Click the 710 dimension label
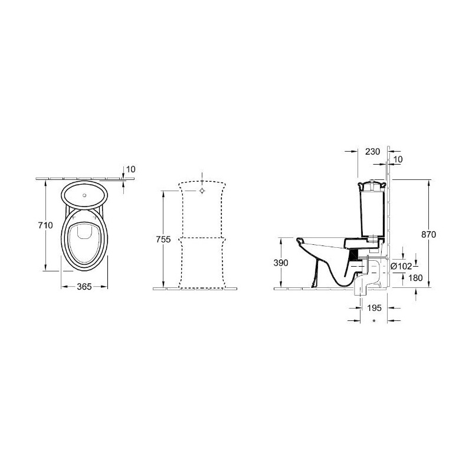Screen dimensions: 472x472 tap(46, 225)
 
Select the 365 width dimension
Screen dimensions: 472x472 tap(84, 287)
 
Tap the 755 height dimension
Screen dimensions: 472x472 tap(163, 240)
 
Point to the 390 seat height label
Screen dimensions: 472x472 tap(281, 263)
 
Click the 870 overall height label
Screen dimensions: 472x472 tap(428, 234)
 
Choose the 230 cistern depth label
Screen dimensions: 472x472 tap(373, 152)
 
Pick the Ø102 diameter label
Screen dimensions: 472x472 tap(401, 266)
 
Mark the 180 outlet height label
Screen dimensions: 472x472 tap(416, 278)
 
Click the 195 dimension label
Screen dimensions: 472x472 tap(374, 307)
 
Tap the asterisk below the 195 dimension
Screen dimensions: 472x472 tap(374, 321)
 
